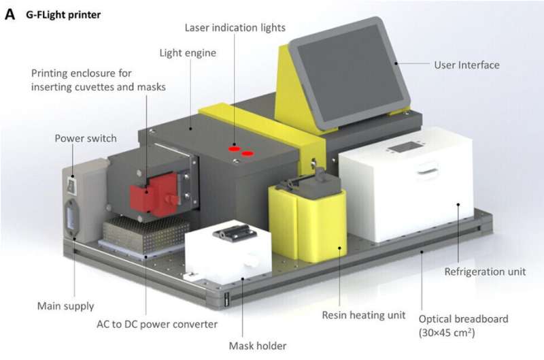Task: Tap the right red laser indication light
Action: pos(248,152)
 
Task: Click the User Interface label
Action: pos(466,65)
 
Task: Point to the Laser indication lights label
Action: pos(235,28)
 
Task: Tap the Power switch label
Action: pos(86,138)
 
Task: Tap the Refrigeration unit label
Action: pos(485,272)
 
